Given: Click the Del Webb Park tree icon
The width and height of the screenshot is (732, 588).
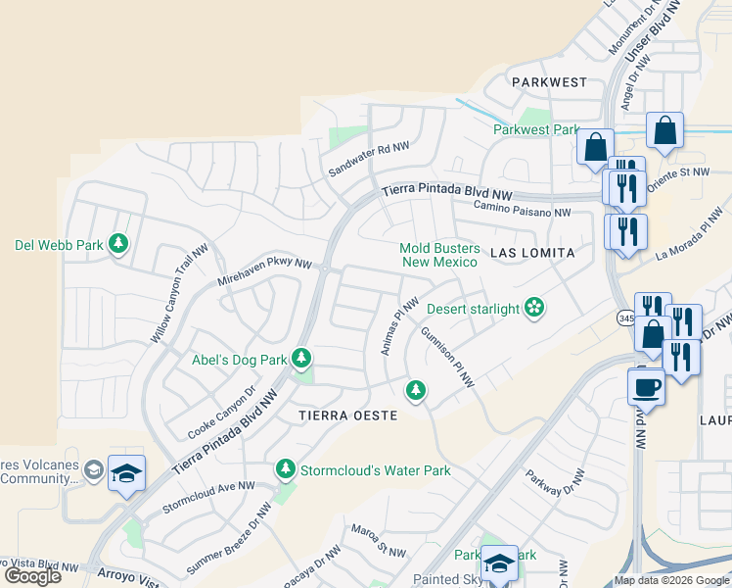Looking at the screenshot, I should click(118, 243).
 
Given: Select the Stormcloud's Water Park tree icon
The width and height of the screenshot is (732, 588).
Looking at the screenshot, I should click(285, 469).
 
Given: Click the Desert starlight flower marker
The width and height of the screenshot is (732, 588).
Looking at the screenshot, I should click(533, 309).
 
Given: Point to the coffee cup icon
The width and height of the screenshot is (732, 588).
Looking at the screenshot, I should click(646, 385).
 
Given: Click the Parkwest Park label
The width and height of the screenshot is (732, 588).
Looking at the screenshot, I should click(536, 129).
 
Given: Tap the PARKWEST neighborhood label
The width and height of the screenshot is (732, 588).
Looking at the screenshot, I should click(548, 82).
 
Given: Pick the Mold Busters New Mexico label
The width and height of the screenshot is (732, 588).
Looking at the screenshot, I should click(438, 255).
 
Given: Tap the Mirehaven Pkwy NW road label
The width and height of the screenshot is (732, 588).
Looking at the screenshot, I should click(264, 271).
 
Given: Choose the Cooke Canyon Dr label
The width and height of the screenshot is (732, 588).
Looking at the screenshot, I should click(221, 412).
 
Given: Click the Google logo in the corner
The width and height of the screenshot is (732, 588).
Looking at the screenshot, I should click(32, 575).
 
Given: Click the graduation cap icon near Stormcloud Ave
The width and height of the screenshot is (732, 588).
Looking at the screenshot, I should click(126, 474).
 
